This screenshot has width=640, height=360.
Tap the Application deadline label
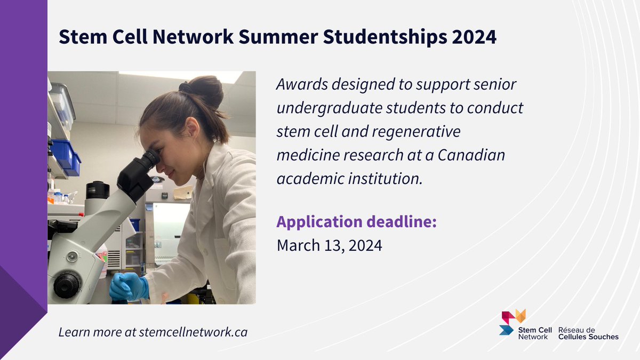click(356, 222)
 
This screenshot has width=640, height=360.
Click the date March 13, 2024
click(329, 246)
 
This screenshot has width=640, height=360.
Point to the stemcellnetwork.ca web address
click(193, 332)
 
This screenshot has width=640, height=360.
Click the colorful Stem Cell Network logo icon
click(513, 321)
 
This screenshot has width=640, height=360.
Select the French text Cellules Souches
click(588, 337)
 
